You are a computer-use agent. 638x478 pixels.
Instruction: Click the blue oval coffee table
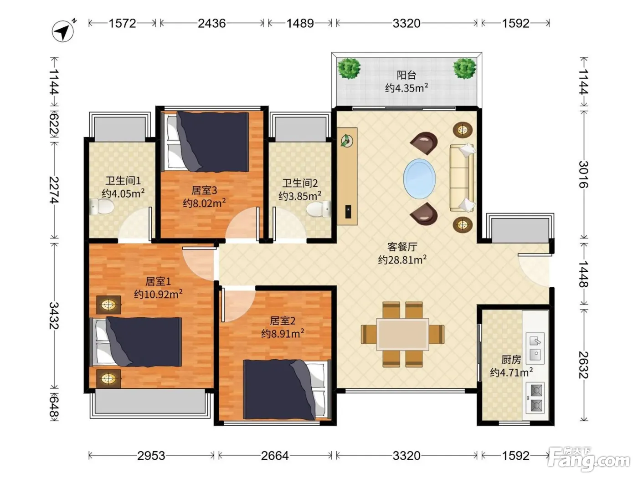[419, 178]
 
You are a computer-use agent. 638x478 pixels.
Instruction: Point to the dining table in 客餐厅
[402, 334]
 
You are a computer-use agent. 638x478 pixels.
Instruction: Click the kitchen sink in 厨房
[535, 348]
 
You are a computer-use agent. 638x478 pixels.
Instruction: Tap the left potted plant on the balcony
[349, 68]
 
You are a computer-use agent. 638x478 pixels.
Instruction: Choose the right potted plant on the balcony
[464, 68]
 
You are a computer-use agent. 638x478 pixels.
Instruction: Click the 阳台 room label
[406, 75]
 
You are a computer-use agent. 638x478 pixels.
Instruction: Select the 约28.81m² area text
[402, 259]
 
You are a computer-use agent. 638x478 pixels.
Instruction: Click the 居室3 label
[204, 190]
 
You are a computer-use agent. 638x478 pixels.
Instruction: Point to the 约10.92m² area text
[158, 294]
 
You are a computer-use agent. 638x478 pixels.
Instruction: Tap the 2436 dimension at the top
[211, 23]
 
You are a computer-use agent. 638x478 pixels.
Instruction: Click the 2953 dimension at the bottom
[151, 456]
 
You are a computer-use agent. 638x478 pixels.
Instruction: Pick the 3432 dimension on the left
[54, 315]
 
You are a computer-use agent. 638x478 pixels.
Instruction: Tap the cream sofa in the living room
[462, 178]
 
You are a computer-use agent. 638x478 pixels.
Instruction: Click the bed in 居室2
[287, 390]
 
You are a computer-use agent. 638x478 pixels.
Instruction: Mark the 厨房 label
[511, 360]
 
